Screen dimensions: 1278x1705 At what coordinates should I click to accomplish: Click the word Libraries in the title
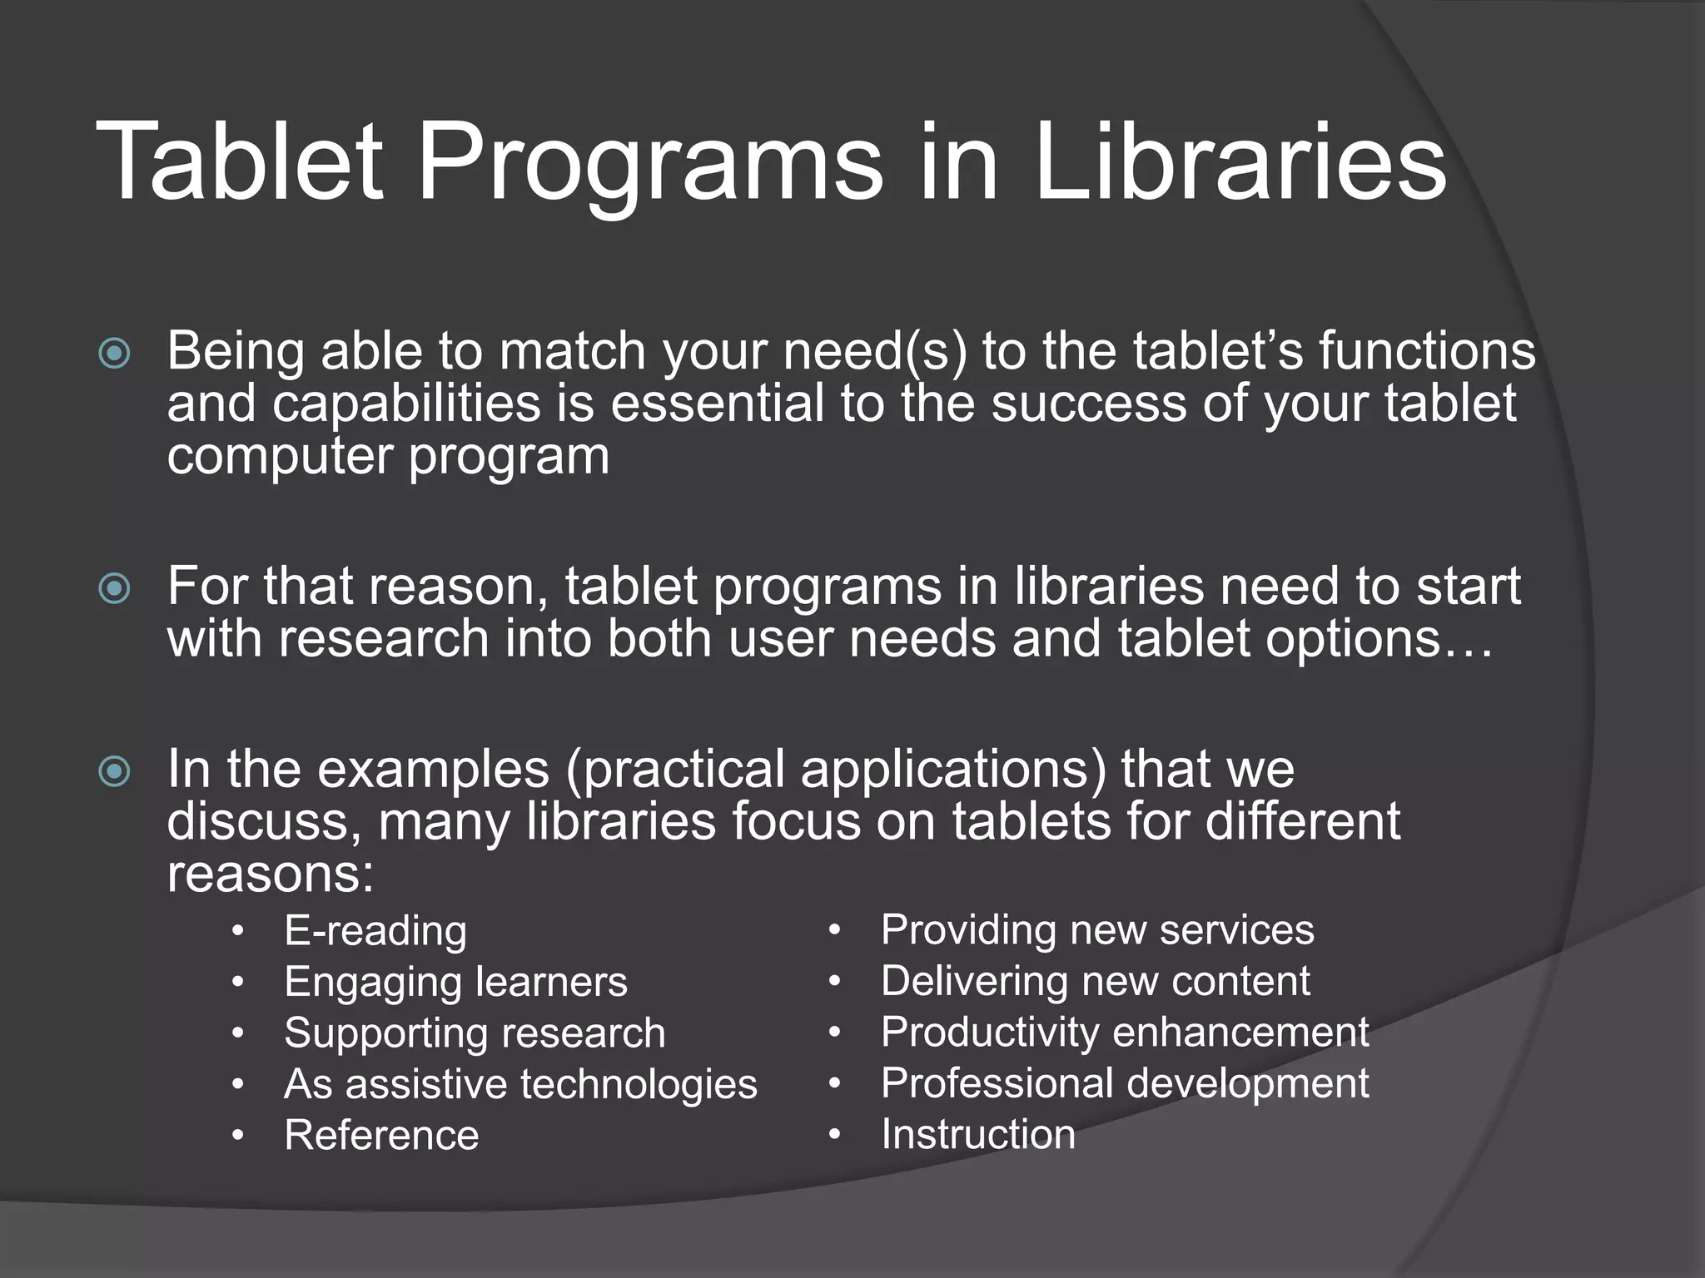coord(1240,162)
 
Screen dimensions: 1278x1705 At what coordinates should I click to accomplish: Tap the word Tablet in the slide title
coord(240,162)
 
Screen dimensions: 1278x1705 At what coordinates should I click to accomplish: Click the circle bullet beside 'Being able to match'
coord(114,354)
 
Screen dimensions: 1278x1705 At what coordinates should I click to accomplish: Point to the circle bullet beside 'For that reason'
coord(114,589)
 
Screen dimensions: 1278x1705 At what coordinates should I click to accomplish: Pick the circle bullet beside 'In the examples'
coord(114,771)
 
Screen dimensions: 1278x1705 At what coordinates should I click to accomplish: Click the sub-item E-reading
coord(375,931)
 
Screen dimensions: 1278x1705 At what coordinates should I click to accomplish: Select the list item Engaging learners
coord(455,983)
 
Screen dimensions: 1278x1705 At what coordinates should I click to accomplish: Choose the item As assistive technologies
coord(520,1085)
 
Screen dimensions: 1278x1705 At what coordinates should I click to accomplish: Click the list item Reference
coord(381,1136)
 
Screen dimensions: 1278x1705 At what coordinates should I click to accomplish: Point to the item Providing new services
coord(1097,930)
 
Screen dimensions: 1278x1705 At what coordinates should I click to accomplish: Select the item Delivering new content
coord(1096,982)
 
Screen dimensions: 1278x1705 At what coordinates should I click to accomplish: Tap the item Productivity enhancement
coord(1125,1033)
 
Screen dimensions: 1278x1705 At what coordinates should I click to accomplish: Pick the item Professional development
coord(1125,1084)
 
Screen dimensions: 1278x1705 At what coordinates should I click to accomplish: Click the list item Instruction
coord(978,1135)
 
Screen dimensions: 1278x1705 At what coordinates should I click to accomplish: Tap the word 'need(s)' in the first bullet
coord(874,352)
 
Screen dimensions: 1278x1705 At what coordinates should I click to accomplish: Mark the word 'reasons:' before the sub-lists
coord(271,874)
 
